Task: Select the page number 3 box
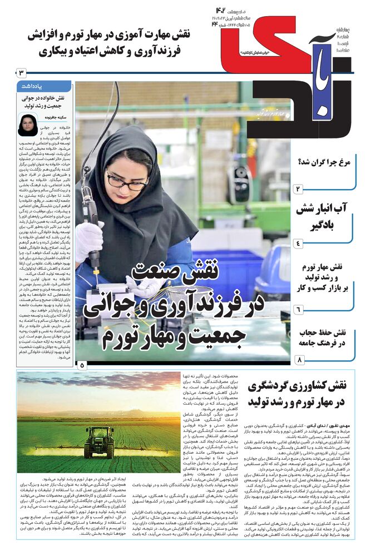(21, 73)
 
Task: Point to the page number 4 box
(298, 243)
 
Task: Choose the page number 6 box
(298, 309)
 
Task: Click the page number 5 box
(82, 365)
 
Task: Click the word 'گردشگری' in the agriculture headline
(273, 385)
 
